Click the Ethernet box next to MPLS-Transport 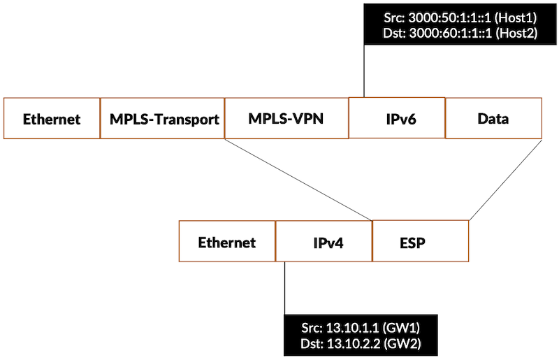(x=52, y=118)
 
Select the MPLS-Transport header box (x=164, y=118)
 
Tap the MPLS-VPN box (x=287, y=117)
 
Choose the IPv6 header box (x=396, y=118)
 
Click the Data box (x=493, y=118)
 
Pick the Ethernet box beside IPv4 (x=227, y=243)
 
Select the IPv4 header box (x=324, y=243)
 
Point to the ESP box (x=420, y=243)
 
